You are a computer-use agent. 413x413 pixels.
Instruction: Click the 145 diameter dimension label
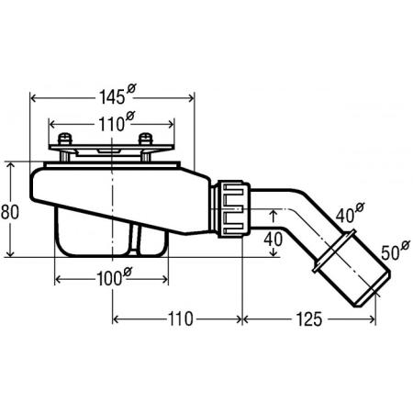(x=117, y=95)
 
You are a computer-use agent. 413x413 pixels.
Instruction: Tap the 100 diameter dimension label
(x=114, y=276)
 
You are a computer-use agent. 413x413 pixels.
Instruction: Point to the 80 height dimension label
(x=10, y=212)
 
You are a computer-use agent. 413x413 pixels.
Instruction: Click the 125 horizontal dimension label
(x=309, y=319)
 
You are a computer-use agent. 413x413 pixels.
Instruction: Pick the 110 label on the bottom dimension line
(x=181, y=319)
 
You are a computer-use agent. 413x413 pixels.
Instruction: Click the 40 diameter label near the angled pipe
(x=350, y=213)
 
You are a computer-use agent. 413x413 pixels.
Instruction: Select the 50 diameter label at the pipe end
(x=396, y=251)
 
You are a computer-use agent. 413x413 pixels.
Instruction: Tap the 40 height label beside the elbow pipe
(x=273, y=240)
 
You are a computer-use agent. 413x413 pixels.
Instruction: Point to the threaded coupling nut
(x=234, y=209)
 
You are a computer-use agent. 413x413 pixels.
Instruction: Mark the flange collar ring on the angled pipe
(x=334, y=251)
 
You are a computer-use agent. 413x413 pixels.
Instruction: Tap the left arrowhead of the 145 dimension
(x=34, y=98)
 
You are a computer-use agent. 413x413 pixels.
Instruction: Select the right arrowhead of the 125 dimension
(x=372, y=319)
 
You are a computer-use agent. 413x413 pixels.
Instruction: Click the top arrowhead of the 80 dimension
(x=11, y=165)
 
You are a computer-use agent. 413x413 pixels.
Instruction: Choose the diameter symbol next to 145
(x=131, y=89)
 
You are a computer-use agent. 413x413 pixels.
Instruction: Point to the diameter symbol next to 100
(x=128, y=272)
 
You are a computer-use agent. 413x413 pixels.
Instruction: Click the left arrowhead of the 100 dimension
(x=59, y=279)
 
